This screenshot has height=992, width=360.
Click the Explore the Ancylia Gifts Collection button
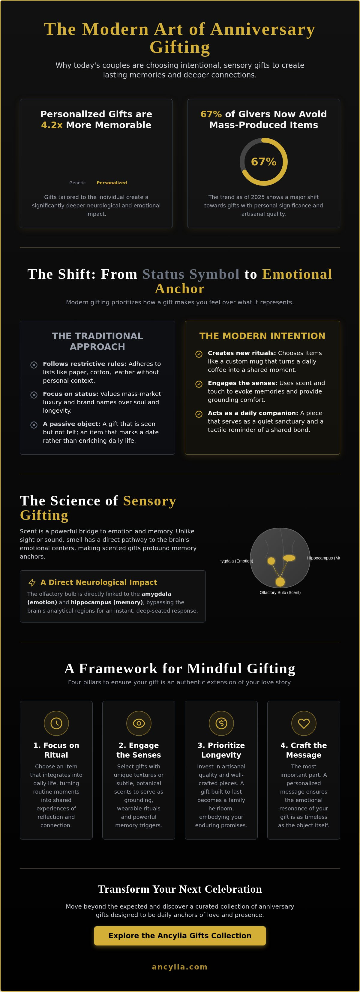(x=180, y=935)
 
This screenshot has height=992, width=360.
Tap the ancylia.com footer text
(x=180, y=966)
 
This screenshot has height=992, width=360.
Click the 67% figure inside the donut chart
(x=264, y=162)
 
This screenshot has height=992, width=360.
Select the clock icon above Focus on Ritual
(x=56, y=723)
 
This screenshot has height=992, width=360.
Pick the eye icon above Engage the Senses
(x=139, y=723)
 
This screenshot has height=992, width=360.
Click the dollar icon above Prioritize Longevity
(x=221, y=723)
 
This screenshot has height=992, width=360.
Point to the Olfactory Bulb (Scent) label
(x=280, y=592)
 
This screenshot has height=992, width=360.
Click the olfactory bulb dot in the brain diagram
(x=280, y=581)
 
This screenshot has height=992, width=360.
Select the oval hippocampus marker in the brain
(x=289, y=558)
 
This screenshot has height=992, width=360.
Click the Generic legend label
(x=77, y=183)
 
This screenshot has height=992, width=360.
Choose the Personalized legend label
(x=112, y=183)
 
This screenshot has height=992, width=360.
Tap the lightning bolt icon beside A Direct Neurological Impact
(x=32, y=582)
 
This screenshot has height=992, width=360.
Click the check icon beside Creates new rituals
(x=199, y=354)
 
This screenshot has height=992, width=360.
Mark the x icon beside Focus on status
(x=34, y=395)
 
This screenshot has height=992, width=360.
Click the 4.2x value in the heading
(x=52, y=125)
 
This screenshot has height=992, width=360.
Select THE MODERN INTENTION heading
(x=262, y=336)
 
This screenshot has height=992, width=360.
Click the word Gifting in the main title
(x=180, y=47)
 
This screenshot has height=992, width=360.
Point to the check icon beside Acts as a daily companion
(x=199, y=414)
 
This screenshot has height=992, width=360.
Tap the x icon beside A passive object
(x=34, y=425)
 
